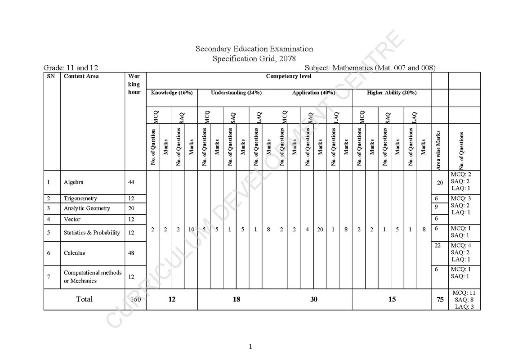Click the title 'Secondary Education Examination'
click(254, 49)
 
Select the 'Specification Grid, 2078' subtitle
click(254, 58)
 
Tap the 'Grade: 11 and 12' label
click(71, 68)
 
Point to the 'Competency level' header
click(288, 76)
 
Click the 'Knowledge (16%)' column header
click(172, 93)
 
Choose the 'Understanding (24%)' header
click(236, 93)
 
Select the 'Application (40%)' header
click(313, 93)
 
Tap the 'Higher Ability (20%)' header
click(392, 93)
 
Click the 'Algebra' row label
click(73, 182)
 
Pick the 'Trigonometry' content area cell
click(80, 198)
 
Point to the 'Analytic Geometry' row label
click(87, 208)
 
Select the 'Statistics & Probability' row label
click(92, 233)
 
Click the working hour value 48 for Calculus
click(131, 253)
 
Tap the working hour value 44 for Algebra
click(131, 182)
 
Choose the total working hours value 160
click(135, 299)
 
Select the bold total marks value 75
click(440, 300)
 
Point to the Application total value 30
click(313, 299)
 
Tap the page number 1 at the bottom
click(250, 346)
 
